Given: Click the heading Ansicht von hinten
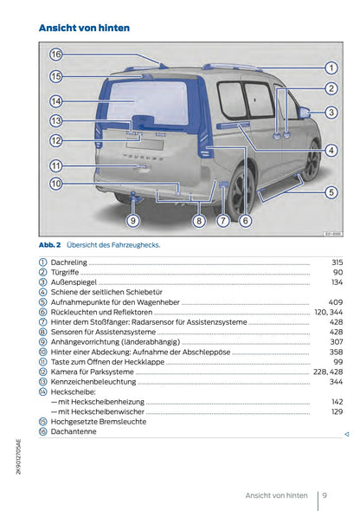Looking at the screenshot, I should click(x=85, y=28).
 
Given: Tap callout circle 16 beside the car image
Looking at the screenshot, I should click(x=56, y=54).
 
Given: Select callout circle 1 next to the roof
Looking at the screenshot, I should click(x=331, y=67).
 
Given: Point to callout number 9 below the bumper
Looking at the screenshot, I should click(x=132, y=221).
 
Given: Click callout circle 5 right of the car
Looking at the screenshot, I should click(x=331, y=192).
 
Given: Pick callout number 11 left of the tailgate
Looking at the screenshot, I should click(x=56, y=165).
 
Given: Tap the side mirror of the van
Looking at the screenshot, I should click(x=304, y=113).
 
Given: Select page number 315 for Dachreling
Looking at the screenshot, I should click(x=337, y=262).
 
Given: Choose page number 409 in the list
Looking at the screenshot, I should click(x=336, y=302).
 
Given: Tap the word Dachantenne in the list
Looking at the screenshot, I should click(x=74, y=433).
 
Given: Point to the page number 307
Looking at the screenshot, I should click(x=337, y=342).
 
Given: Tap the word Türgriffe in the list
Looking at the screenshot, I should click(x=67, y=272).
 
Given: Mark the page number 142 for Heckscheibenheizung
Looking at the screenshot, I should click(x=337, y=402).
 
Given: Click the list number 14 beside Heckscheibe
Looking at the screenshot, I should click(x=43, y=392).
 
